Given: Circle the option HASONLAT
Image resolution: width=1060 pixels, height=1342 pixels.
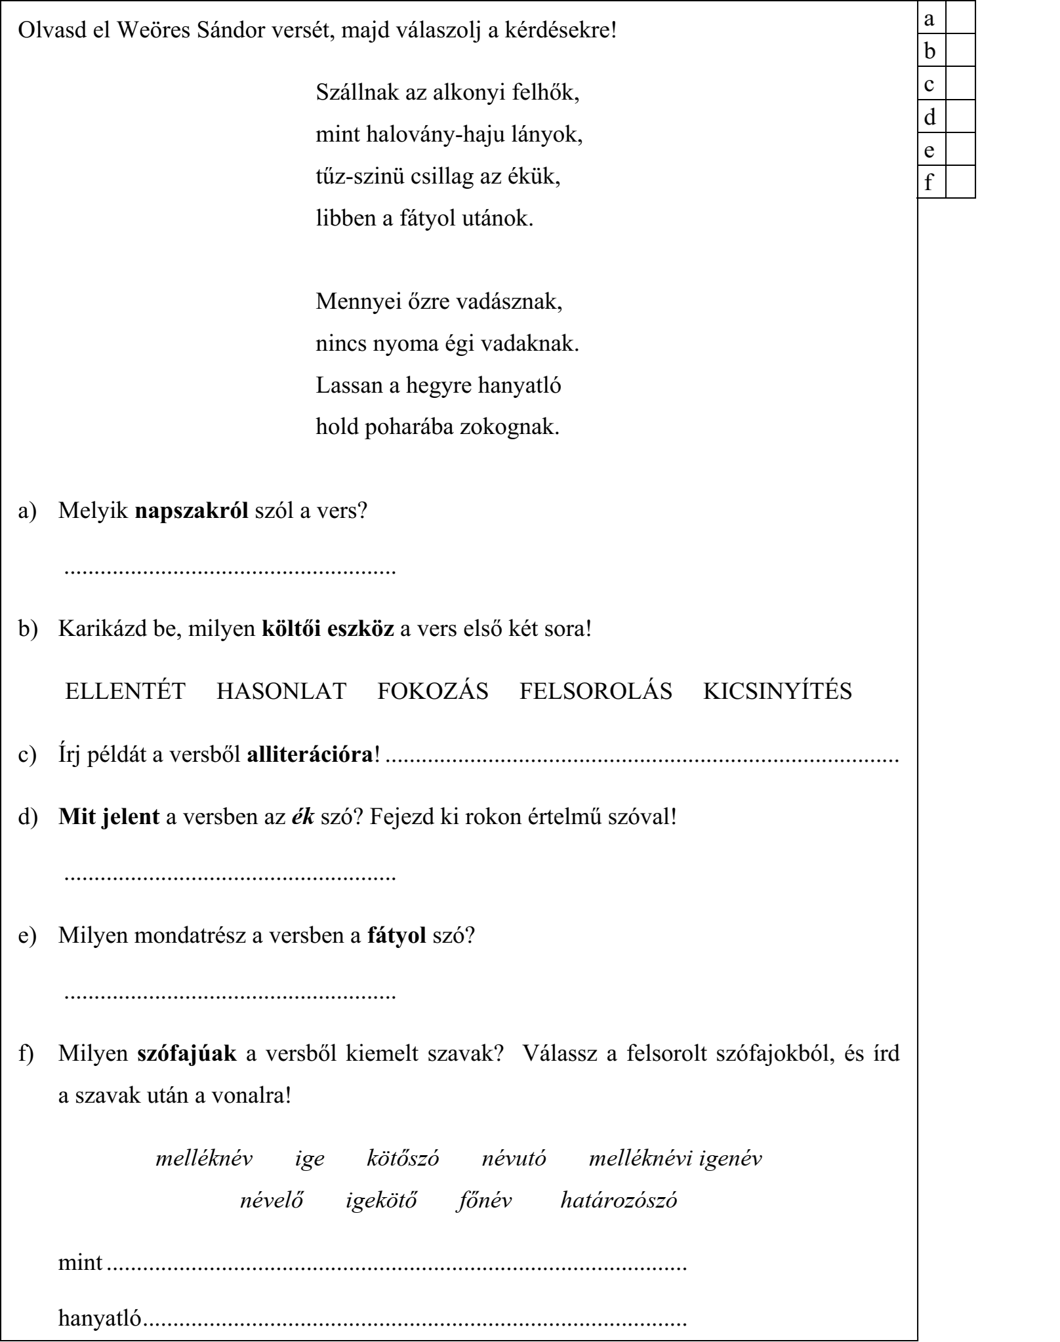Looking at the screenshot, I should [281, 691].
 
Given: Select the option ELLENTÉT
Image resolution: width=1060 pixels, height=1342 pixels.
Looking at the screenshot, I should [125, 691].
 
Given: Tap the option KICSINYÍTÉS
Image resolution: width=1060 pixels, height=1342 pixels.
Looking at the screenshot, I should [777, 691].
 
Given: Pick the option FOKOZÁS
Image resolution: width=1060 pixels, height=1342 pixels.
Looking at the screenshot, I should [433, 691].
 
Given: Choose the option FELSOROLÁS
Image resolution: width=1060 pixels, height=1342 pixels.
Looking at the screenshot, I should [596, 691].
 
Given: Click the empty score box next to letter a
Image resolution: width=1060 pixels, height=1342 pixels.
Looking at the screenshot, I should [960, 18].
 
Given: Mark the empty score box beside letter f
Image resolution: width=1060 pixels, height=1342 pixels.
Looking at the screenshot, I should [960, 182].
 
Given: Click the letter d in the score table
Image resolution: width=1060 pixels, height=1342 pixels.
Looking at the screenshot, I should [930, 117].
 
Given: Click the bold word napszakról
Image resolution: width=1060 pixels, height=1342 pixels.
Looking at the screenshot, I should [192, 510].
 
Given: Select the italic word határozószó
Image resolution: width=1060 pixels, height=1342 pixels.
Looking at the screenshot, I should [619, 1200].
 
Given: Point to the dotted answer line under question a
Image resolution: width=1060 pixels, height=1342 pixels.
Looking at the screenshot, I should [230, 570].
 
